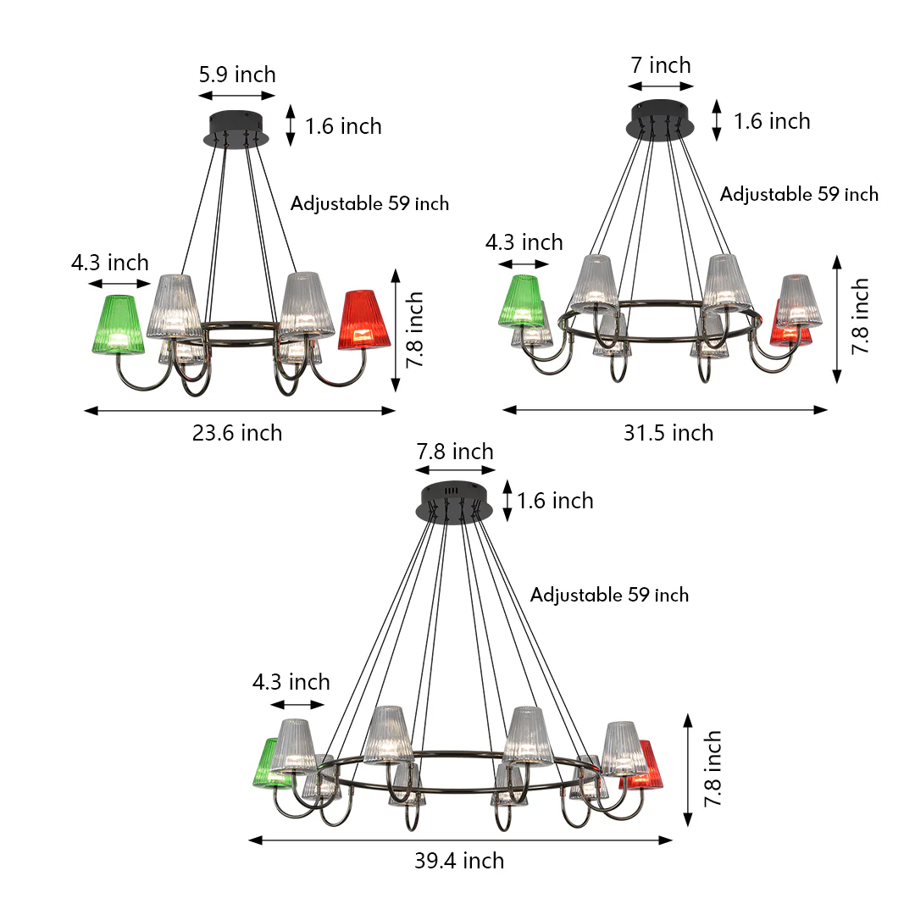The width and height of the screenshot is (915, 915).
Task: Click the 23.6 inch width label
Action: coord(237,433)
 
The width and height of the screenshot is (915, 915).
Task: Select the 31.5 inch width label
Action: coord(668,433)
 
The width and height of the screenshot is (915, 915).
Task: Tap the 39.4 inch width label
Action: coord(459,861)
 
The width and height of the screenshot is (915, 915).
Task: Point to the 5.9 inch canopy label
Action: coord(237,75)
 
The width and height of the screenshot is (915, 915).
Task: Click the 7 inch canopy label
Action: coord(661,65)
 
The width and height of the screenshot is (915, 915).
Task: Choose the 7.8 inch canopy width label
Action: coord(455,452)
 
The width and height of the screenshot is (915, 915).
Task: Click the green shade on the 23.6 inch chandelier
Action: coord(116,324)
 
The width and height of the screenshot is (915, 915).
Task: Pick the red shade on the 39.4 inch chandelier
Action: coord(648,765)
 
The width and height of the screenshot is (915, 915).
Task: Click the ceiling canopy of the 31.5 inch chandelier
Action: coord(661,119)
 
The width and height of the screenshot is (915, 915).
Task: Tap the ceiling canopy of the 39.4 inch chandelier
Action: coord(455,503)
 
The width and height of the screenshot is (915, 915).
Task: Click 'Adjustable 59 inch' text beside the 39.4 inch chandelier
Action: coord(609,595)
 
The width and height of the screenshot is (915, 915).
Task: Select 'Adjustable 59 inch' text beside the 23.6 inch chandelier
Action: coord(369,203)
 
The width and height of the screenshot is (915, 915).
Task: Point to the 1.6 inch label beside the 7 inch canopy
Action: coord(771,121)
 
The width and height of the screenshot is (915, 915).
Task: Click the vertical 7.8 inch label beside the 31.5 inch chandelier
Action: coord(860,316)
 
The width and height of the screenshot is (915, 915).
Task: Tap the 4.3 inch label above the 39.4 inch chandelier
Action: coord(291,682)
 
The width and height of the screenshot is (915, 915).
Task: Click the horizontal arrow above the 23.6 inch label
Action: coord(240,411)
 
